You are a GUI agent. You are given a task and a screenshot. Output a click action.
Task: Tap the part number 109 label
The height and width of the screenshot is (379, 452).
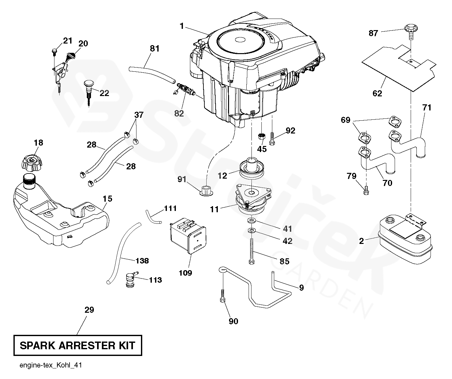tap(185, 273)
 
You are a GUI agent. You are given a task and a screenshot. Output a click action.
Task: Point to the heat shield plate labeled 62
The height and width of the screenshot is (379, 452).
tap(397, 67)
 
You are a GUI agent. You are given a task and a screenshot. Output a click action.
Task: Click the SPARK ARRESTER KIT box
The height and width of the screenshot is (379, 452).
tap(78, 345)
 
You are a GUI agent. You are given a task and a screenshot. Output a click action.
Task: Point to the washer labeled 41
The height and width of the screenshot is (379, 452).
tap(251, 221)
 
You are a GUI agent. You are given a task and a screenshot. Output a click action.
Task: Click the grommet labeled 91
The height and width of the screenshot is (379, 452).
tap(206, 189)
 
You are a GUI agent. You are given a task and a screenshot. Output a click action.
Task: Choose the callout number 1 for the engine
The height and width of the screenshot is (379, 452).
tap(182, 26)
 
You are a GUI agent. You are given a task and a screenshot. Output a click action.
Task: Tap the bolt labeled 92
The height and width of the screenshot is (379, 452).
tap(272, 139)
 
